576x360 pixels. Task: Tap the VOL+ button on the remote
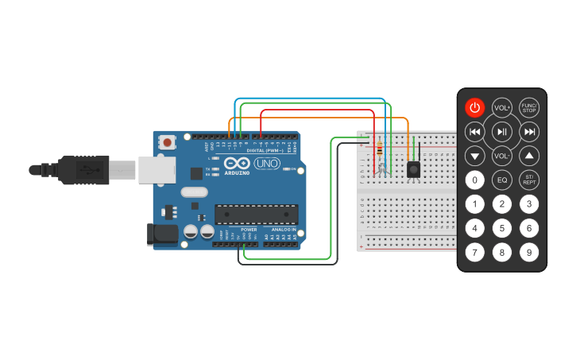502,108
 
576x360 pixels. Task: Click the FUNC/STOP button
529,108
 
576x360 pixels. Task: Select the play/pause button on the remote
502,131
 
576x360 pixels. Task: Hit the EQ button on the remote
502,180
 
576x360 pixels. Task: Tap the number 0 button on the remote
474,180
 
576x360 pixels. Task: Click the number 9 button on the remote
529,253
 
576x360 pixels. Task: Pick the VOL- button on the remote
502,156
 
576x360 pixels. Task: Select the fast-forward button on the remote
529,131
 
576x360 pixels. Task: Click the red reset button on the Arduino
168,142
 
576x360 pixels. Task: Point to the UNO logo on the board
266,163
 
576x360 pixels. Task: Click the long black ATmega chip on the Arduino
256,215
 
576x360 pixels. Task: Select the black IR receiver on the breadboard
413,168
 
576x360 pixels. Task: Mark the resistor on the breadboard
379,149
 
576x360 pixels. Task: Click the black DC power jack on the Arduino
162,234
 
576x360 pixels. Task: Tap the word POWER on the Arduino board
249,230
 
